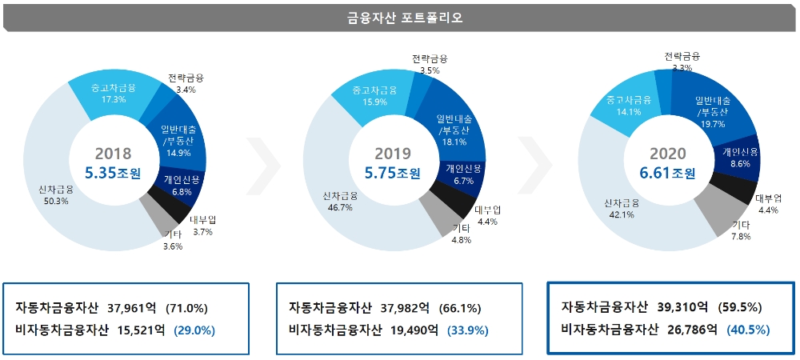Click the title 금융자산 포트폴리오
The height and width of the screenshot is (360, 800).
click(399, 17)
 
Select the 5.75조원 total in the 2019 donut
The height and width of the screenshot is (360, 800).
click(392, 172)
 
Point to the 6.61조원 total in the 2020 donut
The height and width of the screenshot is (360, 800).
click(668, 172)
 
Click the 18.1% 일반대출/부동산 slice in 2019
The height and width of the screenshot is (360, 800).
click(453, 130)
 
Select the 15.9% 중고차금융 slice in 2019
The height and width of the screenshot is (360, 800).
click(374, 96)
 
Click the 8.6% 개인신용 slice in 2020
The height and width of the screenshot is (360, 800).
click(738, 157)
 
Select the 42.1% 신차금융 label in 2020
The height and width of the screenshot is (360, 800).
click(621, 208)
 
